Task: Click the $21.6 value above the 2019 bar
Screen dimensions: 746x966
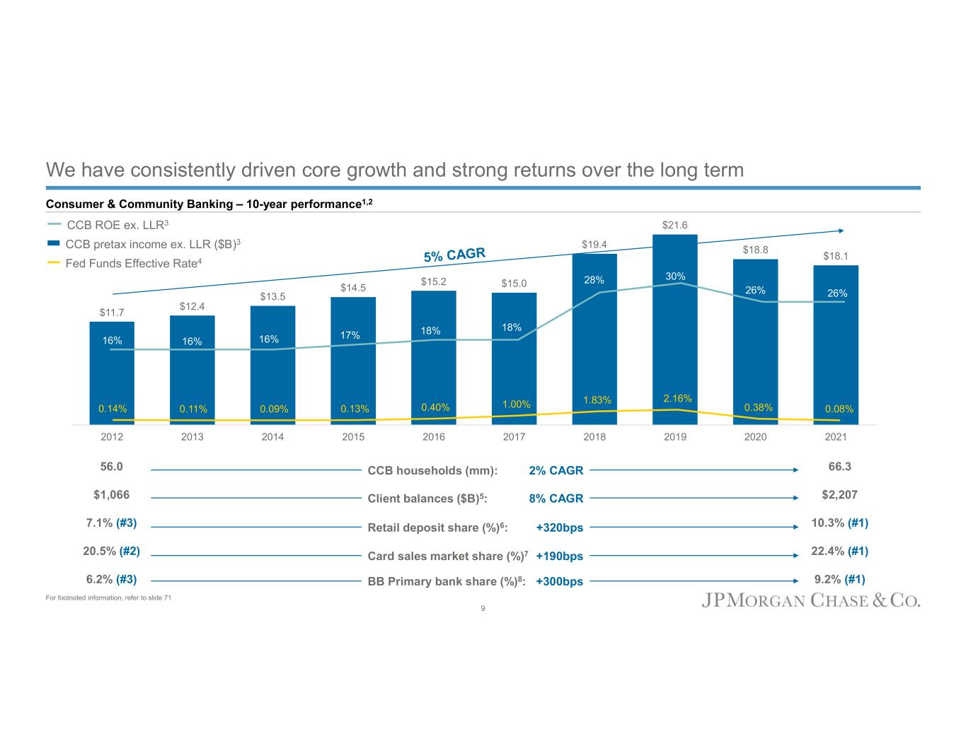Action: [675, 225]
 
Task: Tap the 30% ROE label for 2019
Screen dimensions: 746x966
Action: [675, 276]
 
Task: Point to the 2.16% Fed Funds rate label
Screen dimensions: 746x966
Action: [677, 399]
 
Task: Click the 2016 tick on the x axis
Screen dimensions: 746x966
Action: [434, 437]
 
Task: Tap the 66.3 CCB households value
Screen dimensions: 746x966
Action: [839, 467]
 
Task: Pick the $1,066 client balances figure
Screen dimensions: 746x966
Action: [112, 495]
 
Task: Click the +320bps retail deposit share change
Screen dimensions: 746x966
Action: [559, 528]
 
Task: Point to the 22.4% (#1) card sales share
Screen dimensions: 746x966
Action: [839, 552]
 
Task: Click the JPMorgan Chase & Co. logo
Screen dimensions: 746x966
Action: [810, 601]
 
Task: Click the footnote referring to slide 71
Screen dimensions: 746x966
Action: [108, 598]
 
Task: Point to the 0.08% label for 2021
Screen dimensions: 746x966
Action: [839, 409]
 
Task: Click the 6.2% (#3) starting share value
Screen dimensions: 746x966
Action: [111, 579]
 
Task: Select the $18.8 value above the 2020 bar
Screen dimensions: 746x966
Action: [755, 250]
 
